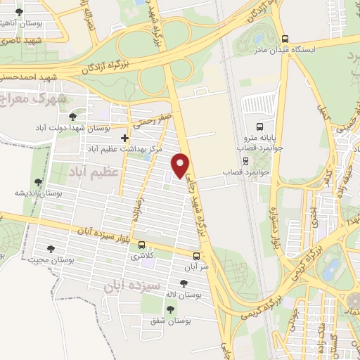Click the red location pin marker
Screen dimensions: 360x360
181,164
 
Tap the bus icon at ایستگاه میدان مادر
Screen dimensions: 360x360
285,39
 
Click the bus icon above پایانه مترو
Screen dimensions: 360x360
260,128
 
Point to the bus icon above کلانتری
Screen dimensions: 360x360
143,245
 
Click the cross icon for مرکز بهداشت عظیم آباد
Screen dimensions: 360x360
125,138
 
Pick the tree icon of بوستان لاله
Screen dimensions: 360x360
184,283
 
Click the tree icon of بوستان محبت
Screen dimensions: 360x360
51,248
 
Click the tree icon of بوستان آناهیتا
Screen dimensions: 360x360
18,13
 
